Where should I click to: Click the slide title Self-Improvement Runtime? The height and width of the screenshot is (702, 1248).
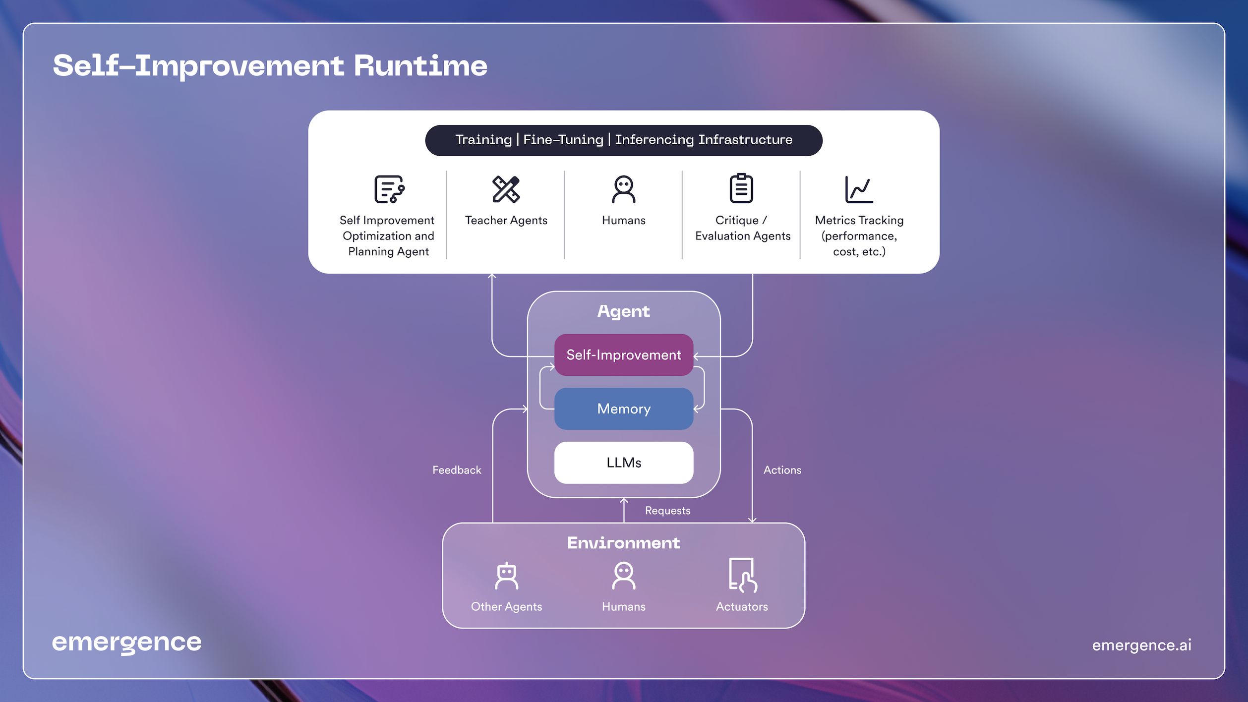point(270,66)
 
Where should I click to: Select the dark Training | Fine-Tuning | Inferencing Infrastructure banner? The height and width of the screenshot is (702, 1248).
point(623,140)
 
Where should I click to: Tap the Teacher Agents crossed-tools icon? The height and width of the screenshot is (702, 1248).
point(506,189)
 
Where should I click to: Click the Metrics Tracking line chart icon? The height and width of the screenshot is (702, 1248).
point(859,189)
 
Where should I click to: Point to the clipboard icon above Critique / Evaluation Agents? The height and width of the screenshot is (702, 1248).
point(741,188)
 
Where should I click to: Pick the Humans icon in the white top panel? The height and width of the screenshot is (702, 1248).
point(623,189)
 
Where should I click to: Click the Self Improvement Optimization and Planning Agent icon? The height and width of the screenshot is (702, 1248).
point(389,189)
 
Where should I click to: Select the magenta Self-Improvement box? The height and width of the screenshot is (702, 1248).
point(623,355)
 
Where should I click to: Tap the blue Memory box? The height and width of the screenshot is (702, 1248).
point(623,409)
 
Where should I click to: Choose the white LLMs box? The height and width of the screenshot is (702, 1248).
point(623,463)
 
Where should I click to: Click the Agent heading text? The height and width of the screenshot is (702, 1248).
point(623,311)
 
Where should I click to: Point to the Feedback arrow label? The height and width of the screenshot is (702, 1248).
point(457,470)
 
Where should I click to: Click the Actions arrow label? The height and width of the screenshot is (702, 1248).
point(782,470)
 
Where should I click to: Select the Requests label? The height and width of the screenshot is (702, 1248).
point(667,511)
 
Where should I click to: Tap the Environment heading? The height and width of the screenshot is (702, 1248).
point(623,543)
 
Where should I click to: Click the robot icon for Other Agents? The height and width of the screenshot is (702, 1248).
point(506,576)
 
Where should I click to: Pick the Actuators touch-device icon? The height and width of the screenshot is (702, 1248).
point(742,575)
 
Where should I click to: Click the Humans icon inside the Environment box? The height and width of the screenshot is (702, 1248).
point(623,576)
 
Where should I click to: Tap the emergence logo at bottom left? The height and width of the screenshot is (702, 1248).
point(127,643)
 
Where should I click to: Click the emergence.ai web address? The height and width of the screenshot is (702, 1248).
point(1141,645)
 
